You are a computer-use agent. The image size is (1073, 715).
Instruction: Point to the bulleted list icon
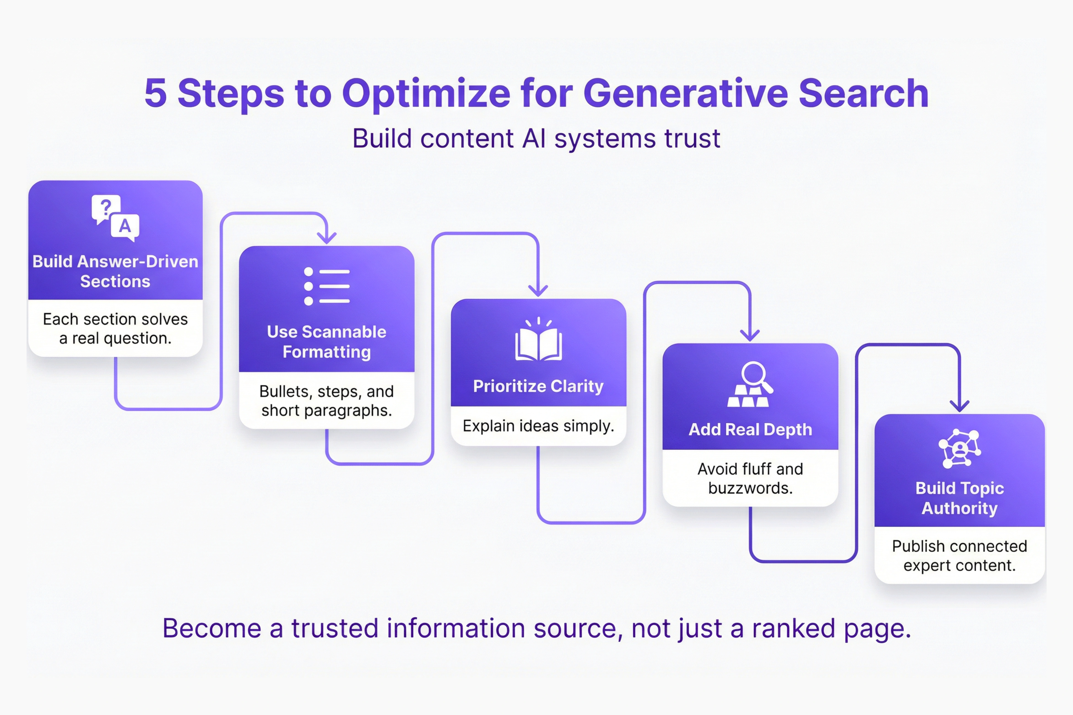point(327,286)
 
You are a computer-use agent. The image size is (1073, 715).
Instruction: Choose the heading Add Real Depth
point(750,429)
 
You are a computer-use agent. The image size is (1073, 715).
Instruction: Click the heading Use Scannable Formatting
point(327,342)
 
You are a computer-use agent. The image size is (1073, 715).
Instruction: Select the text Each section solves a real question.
point(115,328)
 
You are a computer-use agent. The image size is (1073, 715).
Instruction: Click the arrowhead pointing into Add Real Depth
point(750,335)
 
